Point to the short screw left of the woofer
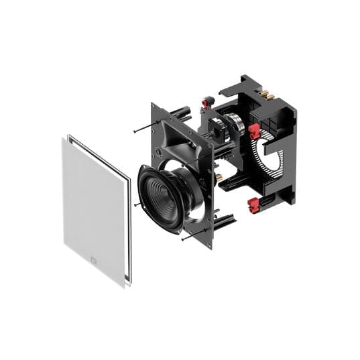pyautogui.click(x=138, y=204)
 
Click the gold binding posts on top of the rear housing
pyautogui.click(x=267, y=95)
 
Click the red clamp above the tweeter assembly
pyautogui.click(x=208, y=103)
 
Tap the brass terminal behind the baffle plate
pyautogui.click(x=219, y=177)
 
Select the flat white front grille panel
pyautogui.click(x=94, y=208)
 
